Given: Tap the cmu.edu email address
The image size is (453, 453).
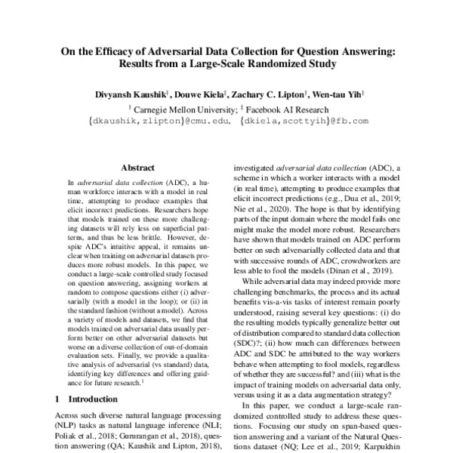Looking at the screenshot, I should click(159, 120).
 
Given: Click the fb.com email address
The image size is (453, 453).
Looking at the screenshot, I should click(304, 120).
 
